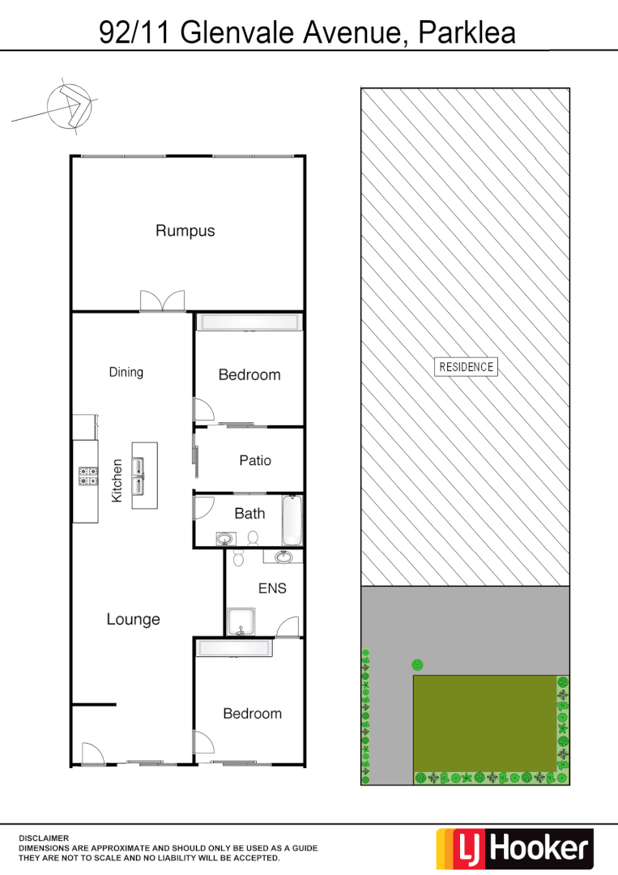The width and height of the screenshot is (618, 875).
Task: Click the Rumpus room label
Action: click(185, 231)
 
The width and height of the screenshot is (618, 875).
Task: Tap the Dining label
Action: click(126, 372)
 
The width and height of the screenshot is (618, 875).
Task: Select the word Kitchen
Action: click(117, 480)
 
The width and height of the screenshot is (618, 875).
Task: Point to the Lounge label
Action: click(134, 619)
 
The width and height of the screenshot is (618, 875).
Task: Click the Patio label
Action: click(255, 460)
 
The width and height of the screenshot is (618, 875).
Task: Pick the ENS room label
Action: click(272, 588)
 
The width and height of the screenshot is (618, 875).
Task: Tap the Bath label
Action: click(249, 513)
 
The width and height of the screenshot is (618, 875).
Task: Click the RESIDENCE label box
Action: click(466, 366)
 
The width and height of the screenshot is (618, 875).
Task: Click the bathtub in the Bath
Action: click(292, 521)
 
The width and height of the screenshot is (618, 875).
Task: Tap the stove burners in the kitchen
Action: click(87, 476)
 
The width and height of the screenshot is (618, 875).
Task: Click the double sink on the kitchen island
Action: click(139, 476)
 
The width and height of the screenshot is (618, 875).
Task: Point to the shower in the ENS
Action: click(239, 621)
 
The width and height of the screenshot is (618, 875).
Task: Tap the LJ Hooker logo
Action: click(515, 848)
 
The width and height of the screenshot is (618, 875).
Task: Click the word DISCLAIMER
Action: click(44, 838)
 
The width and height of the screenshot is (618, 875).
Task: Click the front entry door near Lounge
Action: click(92, 753)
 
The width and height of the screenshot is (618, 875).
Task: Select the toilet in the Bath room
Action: click(253, 537)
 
